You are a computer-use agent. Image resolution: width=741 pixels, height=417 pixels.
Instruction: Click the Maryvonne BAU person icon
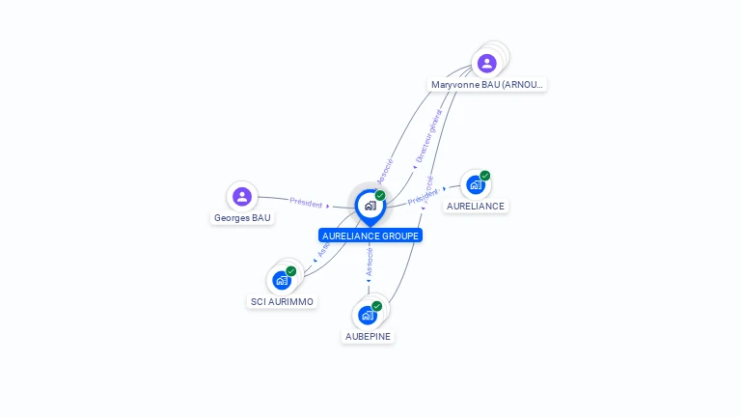click(487, 63)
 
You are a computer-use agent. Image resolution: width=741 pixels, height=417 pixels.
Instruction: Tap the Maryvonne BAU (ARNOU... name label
click(487, 85)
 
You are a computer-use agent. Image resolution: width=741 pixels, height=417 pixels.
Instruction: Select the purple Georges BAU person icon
click(242, 197)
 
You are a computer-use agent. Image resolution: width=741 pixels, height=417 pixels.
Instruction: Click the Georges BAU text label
click(242, 218)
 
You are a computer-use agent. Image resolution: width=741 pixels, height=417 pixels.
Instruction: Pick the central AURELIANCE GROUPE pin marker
click(370, 206)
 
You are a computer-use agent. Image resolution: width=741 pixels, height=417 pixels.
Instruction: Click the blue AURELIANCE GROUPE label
click(370, 236)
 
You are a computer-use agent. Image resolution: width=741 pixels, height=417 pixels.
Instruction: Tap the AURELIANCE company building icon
click(475, 184)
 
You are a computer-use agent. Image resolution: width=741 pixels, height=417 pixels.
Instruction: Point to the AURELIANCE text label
click(476, 207)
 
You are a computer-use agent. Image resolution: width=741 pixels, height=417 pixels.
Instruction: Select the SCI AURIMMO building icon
click(282, 280)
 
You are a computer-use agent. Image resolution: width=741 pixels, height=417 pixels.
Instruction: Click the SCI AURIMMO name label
click(282, 302)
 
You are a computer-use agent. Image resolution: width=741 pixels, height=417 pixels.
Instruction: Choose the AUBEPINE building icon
click(368, 315)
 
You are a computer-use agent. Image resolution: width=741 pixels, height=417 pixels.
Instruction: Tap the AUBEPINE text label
click(369, 337)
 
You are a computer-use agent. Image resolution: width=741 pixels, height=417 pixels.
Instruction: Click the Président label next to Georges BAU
click(306, 203)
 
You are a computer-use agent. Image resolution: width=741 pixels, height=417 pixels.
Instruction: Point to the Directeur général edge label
click(428, 136)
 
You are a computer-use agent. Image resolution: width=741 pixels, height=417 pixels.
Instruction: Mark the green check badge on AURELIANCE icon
click(484, 176)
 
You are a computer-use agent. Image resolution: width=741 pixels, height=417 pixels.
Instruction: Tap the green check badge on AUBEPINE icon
click(377, 306)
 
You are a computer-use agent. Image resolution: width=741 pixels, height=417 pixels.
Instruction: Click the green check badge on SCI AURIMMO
click(290, 271)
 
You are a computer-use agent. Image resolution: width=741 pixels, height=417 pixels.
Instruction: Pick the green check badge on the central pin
click(380, 195)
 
